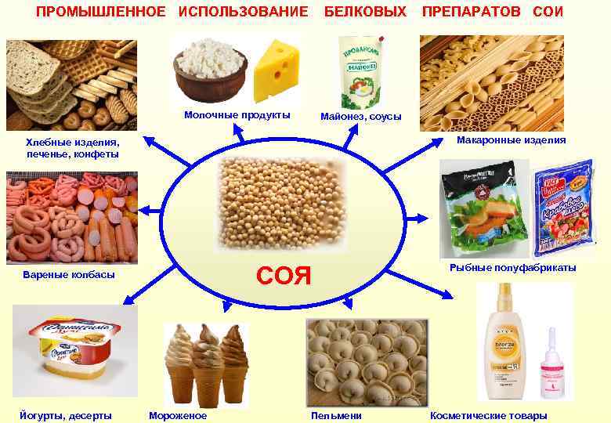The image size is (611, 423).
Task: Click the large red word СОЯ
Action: pos(284,276)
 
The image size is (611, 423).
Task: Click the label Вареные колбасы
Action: pos(70,275)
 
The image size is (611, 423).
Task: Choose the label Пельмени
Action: pos(336,416)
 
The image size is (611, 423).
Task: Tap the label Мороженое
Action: pos(177,416)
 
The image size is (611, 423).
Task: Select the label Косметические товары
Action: pos(488,416)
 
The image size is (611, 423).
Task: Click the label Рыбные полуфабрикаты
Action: pos(512,268)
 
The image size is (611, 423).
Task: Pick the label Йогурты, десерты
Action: pos(66,416)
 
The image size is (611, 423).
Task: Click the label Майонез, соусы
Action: pos(360,117)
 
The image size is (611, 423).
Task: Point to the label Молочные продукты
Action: pos(237,115)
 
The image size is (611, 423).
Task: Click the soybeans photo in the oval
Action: pos(280,201)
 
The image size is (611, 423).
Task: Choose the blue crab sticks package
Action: pos(562,208)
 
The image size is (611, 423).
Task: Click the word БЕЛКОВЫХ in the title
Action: pos(365,12)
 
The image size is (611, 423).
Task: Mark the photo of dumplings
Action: pos(367,362)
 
